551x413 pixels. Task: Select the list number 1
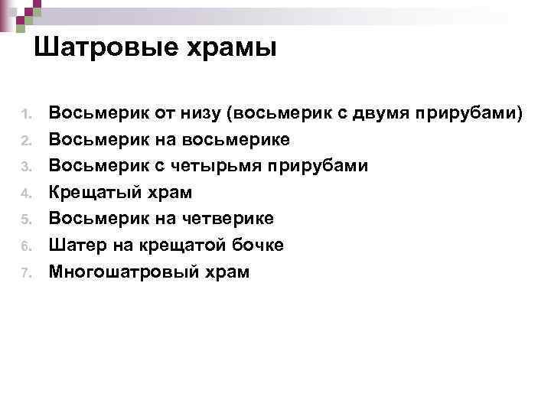pyautogui.click(x=24, y=115)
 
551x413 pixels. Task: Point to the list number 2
pyautogui.click(x=24, y=141)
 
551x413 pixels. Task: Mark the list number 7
pyautogui.click(x=24, y=272)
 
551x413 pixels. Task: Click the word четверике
pyautogui.click(x=229, y=219)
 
